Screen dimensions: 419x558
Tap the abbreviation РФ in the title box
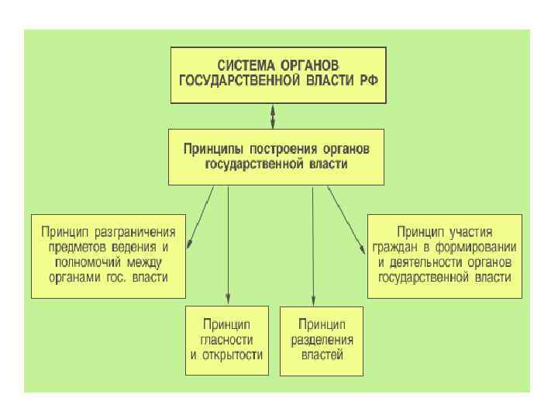coord(369,79)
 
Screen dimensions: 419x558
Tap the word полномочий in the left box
coord(86,261)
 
